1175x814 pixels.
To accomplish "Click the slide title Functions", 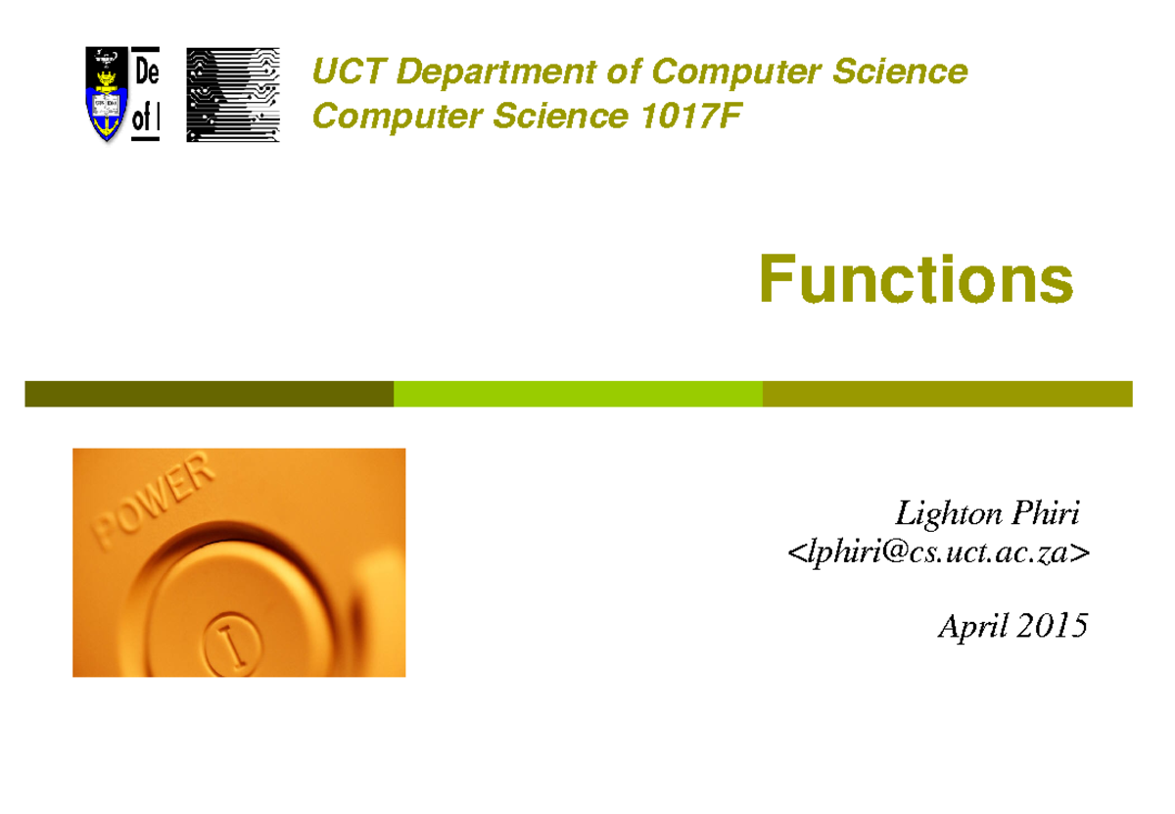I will (x=916, y=280).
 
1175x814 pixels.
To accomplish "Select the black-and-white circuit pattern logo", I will (x=232, y=94).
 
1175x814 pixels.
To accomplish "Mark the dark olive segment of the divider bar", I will (x=209, y=394).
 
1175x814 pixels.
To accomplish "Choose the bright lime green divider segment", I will (x=578, y=394).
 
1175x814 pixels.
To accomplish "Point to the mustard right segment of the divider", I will (x=947, y=394).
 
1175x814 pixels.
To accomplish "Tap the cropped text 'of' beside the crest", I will (x=143, y=120).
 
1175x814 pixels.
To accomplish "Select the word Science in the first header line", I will (x=908, y=72).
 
